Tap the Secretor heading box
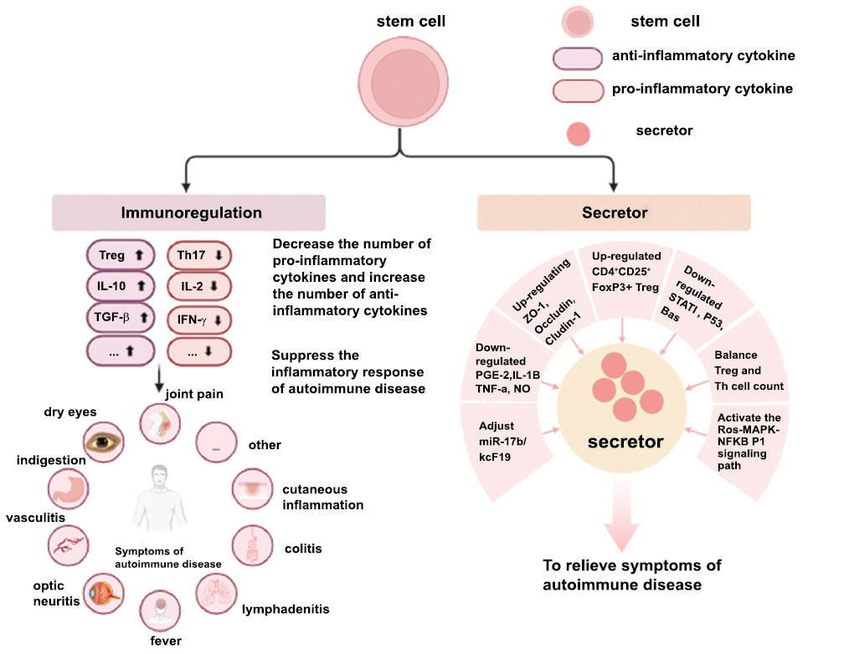click(615, 212)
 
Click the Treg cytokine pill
click(120, 256)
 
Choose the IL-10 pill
click(120, 288)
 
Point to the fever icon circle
click(160, 611)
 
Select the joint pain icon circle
click(160, 423)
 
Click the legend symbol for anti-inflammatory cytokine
click(578, 56)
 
